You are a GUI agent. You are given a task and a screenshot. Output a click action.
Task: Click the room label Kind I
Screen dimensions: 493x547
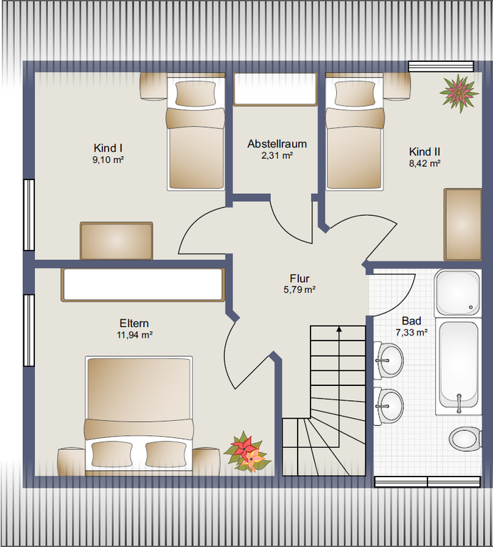[108, 148]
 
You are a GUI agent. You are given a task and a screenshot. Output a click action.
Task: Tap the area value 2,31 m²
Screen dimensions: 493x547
[277, 155]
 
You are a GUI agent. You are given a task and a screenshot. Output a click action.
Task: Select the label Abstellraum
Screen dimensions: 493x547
[277, 144]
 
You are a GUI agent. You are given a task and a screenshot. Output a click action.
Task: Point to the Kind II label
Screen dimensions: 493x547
[425, 152]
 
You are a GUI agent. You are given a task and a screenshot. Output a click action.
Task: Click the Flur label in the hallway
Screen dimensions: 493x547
[300, 278]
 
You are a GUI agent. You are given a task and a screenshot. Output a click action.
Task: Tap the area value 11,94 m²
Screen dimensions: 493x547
[135, 335]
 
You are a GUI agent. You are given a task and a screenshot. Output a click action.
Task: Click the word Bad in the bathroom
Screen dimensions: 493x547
[411, 321]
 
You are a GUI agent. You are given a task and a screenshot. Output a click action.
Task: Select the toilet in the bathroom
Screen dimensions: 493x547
[465, 439]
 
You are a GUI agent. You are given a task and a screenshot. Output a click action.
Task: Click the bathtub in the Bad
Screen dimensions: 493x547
[459, 365]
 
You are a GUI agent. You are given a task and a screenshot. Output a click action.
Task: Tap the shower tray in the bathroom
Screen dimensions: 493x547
[458, 293]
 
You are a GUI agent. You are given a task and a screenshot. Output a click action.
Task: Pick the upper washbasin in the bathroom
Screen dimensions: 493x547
[388, 360]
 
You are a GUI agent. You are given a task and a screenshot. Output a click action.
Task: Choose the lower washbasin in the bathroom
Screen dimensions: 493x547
[388, 406]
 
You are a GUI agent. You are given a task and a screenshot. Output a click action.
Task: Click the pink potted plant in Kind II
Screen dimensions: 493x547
[459, 93]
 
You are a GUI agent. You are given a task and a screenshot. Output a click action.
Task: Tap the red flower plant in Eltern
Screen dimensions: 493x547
[246, 452]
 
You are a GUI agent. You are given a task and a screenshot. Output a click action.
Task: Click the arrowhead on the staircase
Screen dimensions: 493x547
[338, 328]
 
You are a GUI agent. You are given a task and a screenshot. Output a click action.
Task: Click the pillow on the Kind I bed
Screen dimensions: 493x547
[195, 93]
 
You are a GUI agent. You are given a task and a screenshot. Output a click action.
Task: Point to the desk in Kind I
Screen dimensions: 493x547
[117, 241]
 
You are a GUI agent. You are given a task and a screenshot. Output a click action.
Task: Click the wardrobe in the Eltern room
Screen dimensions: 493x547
[142, 284]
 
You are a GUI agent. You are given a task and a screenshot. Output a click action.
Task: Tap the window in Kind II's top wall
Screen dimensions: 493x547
[441, 67]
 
